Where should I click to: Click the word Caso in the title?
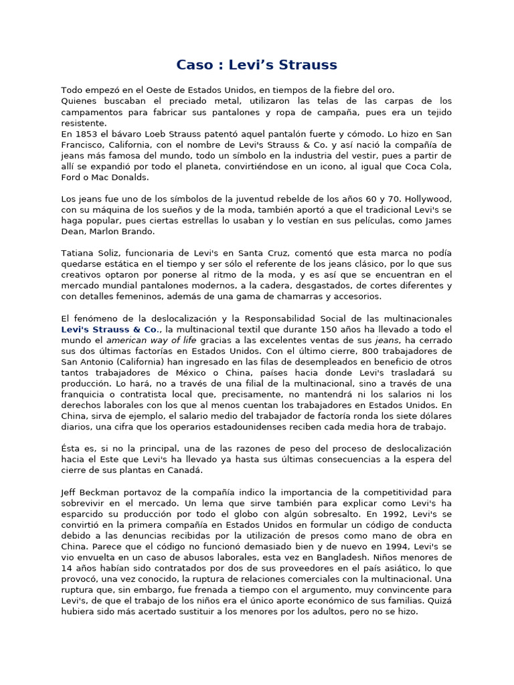pyautogui.click(x=194, y=65)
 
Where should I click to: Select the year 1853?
pyautogui.click(x=90, y=134)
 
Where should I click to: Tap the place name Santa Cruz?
pyautogui.click(x=266, y=253)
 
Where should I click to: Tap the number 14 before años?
pyautogui.click(x=67, y=567)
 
